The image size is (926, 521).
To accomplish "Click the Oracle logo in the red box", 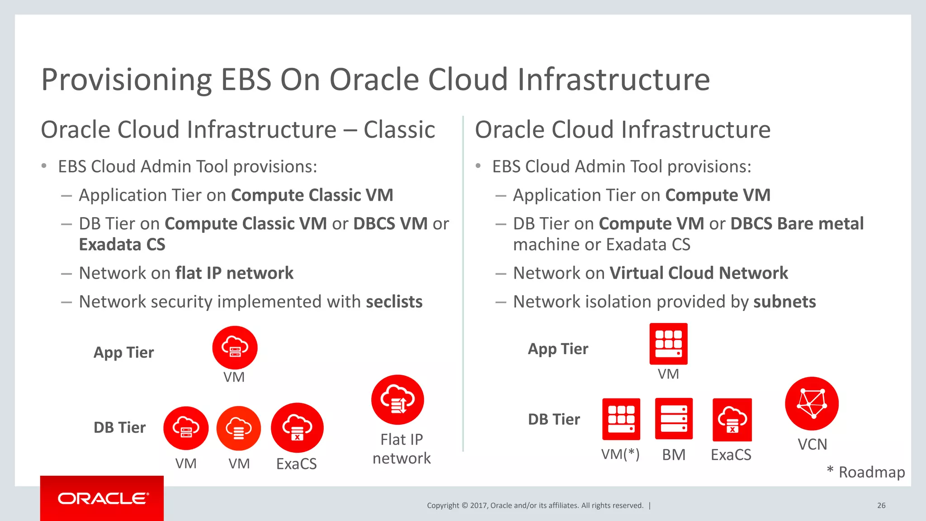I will click(x=103, y=498).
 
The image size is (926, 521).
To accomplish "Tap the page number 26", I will click(x=881, y=506).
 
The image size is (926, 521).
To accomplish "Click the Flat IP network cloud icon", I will click(x=397, y=400).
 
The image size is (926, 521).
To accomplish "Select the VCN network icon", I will click(x=812, y=403).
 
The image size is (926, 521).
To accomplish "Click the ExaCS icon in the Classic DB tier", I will click(x=297, y=427).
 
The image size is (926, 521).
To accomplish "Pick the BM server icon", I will click(x=674, y=419).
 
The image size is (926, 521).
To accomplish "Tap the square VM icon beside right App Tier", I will click(x=668, y=344).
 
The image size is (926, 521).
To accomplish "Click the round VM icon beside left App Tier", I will click(x=235, y=347).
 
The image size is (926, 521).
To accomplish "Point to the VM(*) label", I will click(x=620, y=454).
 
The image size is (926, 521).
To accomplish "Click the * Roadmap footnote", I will click(x=865, y=472).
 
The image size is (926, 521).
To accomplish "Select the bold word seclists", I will click(x=394, y=302).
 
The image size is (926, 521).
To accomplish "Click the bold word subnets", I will click(x=784, y=302).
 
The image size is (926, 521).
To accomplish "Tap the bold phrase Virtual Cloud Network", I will click(x=699, y=273).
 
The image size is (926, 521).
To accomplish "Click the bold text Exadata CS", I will click(x=122, y=245).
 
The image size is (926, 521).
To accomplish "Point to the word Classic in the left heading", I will click(x=399, y=130).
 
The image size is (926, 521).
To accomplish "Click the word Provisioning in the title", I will click(x=127, y=80).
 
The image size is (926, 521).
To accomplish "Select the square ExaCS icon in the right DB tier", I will click(x=732, y=420).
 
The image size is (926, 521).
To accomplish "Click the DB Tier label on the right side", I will click(x=553, y=419).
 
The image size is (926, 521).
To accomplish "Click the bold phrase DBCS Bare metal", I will click(x=797, y=224).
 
